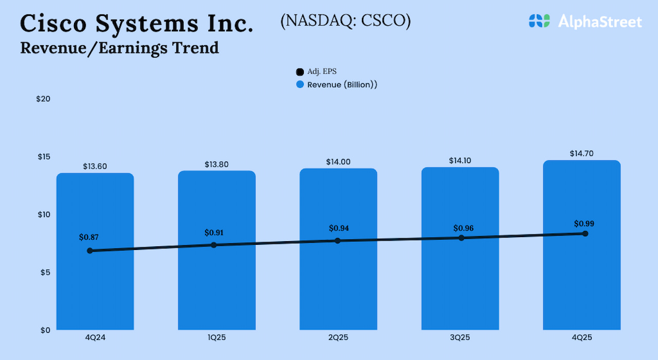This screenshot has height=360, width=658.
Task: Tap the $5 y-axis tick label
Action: pyautogui.click(x=45, y=272)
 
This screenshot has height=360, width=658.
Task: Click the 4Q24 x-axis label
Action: pyautogui.click(x=95, y=338)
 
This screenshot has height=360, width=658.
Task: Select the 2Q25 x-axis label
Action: pyautogui.click(x=338, y=338)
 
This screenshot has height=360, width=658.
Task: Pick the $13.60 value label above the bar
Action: pyautogui.click(x=95, y=167)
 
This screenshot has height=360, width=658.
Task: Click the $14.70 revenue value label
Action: pyautogui.click(x=582, y=153)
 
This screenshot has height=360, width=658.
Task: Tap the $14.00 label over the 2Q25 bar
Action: pyautogui.click(x=338, y=162)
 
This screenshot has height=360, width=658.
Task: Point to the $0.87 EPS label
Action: pyautogui.click(x=88, y=238)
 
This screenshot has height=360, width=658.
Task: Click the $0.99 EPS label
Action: pyautogui.click(x=584, y=224)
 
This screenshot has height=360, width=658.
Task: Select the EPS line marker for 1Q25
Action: pyautogui.click(x=214, y=245)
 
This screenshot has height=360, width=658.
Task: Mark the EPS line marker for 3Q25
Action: pyautogui.click(x=461, y=238)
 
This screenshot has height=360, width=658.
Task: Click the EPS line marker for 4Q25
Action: pyautogui.click(x=585, y=233)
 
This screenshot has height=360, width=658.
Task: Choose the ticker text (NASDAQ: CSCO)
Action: pyautogui.click(x=345, y=21)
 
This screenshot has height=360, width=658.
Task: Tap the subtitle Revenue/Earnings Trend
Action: pyautogui.click(x=119, y=48)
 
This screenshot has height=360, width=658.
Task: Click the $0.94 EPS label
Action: pyautogui.click(x=339, y=228)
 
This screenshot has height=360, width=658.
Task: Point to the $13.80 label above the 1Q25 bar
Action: pyautogui.click(x=216, y=165)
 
